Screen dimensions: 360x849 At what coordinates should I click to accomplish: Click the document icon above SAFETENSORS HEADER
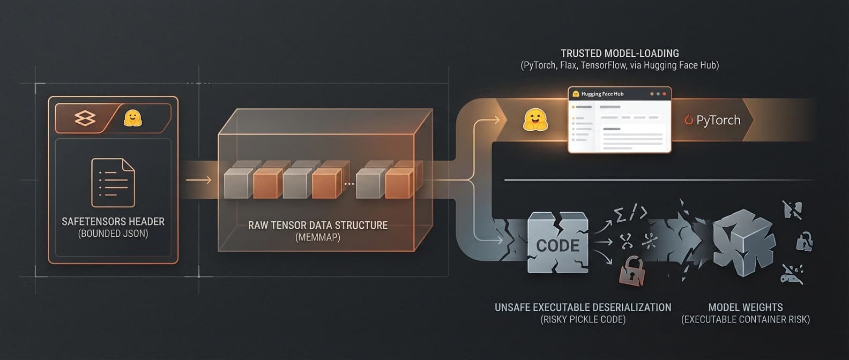(113, 183)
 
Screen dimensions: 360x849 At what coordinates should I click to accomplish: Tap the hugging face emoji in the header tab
(132, 118)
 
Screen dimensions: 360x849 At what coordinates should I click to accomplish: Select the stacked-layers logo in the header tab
(85, 118)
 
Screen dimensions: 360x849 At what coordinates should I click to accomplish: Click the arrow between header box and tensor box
(198, 180)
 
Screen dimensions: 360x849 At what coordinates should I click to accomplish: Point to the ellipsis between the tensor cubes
(349, 184)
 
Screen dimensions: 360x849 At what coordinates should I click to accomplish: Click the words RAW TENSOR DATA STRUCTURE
(317, 225)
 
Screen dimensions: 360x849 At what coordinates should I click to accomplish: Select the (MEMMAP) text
(317, 237)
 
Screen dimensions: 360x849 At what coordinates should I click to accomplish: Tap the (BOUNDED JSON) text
(113, 234)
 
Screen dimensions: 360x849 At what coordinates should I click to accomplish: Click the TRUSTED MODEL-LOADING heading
(620, 53)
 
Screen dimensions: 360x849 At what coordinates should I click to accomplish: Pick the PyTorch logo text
(713, 120)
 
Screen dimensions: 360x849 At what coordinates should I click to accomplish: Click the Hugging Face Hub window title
(602, 94)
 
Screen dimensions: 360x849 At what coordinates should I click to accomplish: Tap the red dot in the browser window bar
(665, 94)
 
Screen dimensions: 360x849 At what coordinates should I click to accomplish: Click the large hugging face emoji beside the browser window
(535, 120)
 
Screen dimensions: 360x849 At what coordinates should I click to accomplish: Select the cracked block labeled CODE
(557, 244)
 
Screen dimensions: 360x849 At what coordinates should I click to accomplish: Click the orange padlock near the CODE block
(632, 271)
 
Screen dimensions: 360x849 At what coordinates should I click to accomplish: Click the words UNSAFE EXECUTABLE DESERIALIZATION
(583, 307)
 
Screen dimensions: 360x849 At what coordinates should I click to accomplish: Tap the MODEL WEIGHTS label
(745, 307)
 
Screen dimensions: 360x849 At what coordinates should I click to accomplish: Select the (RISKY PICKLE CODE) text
(583, 320)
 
